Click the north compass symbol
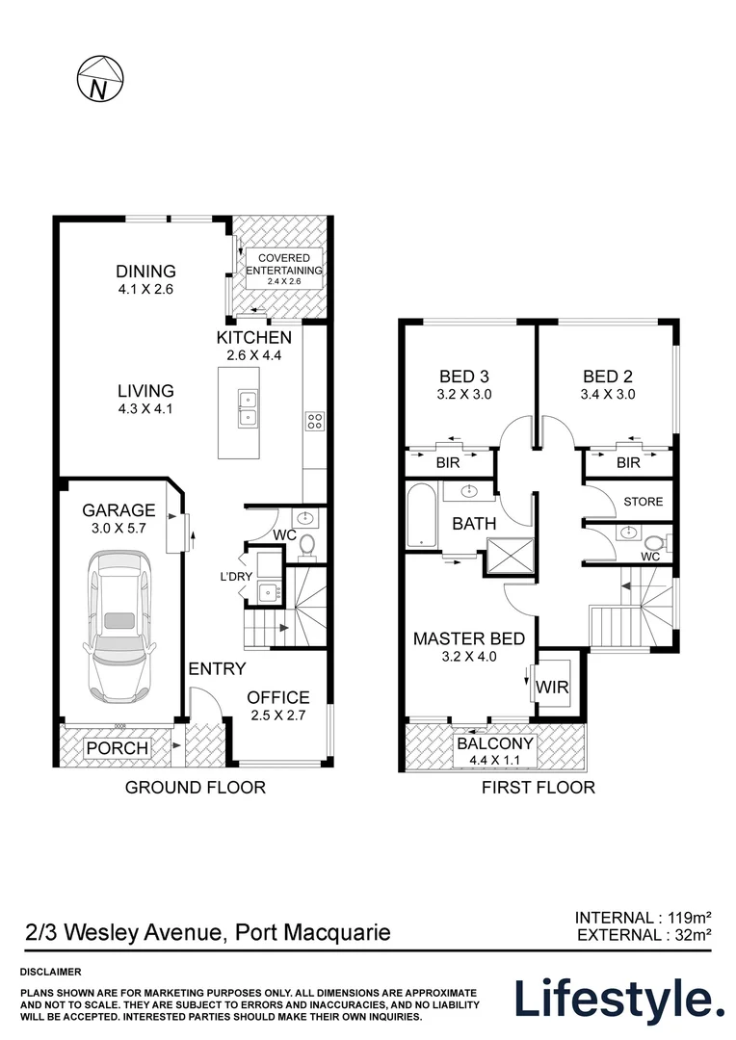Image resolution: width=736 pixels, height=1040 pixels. (x=99, y=79)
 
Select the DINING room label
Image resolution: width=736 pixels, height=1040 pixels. (x=146, y=271)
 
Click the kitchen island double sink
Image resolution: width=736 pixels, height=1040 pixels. (x=248, y=407)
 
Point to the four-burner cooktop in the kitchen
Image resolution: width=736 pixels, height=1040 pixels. (x=314, y=421)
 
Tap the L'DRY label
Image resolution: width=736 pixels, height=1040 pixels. (x=236, y=577)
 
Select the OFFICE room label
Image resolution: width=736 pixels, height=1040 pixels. (x=278, y=697)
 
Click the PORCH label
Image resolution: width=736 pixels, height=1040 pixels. (x=118, y=748)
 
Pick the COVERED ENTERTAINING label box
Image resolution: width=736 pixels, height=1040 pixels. (x=284, y=269)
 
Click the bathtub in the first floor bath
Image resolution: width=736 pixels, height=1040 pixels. (x=421, y=516)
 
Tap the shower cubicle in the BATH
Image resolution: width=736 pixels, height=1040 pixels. (x=510, y=556)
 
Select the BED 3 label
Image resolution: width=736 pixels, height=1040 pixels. (x=464, y=377)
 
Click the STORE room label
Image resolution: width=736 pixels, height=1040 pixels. (x=644, y=502)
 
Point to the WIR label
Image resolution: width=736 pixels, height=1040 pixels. (x=552, y=688)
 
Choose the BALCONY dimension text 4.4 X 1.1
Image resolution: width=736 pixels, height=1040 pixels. (x=494, y=760)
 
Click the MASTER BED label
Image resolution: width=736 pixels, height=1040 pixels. (x=468, y=638)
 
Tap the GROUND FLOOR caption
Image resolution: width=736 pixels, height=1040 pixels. (x=196, y=788)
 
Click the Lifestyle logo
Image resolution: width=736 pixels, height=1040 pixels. (x=620, y=999)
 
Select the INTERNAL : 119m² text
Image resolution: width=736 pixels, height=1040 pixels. (x=644, y=918)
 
